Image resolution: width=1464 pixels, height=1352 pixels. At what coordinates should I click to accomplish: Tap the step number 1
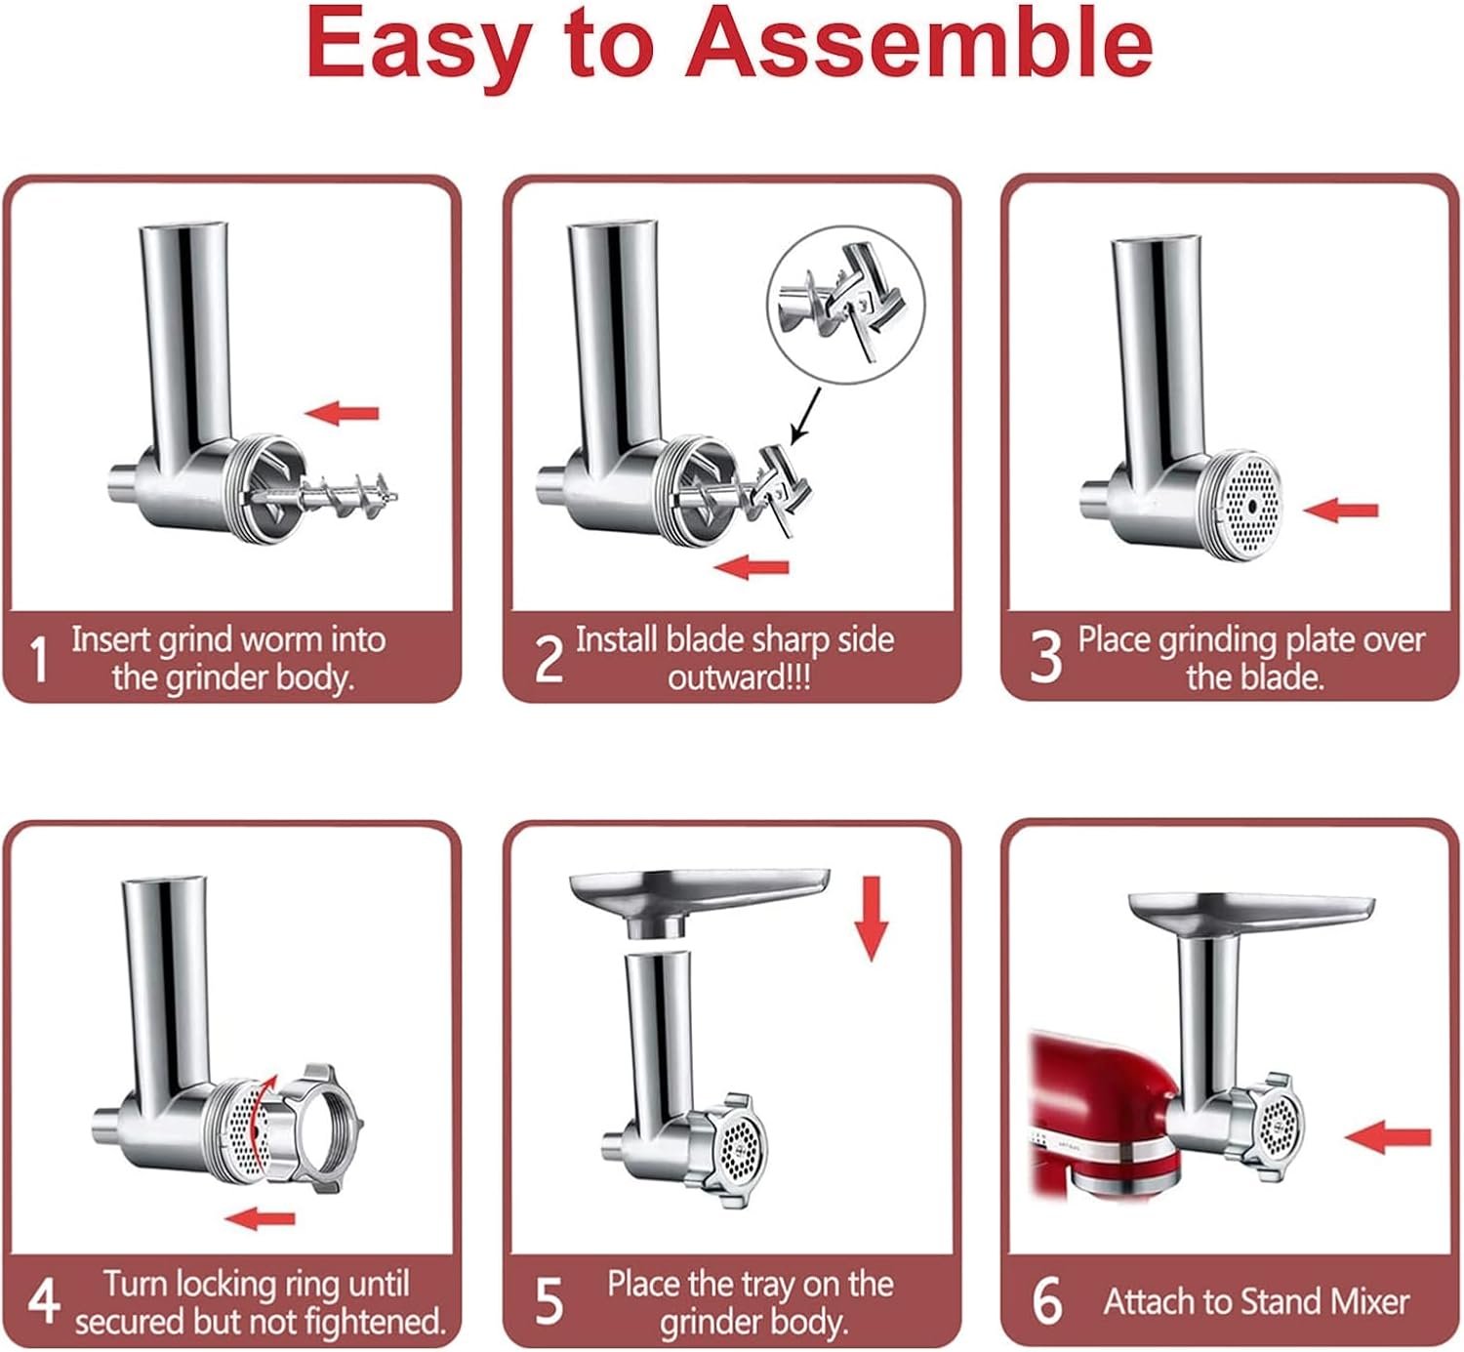[x=38, y=659]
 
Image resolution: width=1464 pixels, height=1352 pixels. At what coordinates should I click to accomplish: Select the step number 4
[x=43, y=1301]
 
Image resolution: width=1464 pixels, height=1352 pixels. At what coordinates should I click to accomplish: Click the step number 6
[x=1046, y=1301]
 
